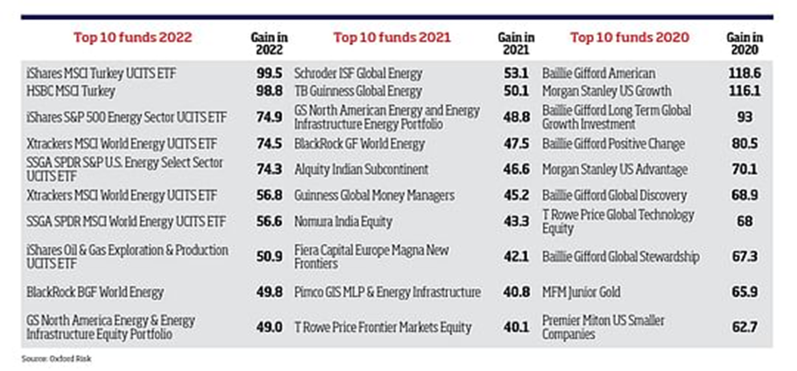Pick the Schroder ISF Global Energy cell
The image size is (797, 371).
[358, 73]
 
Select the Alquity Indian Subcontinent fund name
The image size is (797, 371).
[361, 169]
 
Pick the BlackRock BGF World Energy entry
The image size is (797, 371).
[96, 291]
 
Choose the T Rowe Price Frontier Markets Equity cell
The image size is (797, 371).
[383, 327]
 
